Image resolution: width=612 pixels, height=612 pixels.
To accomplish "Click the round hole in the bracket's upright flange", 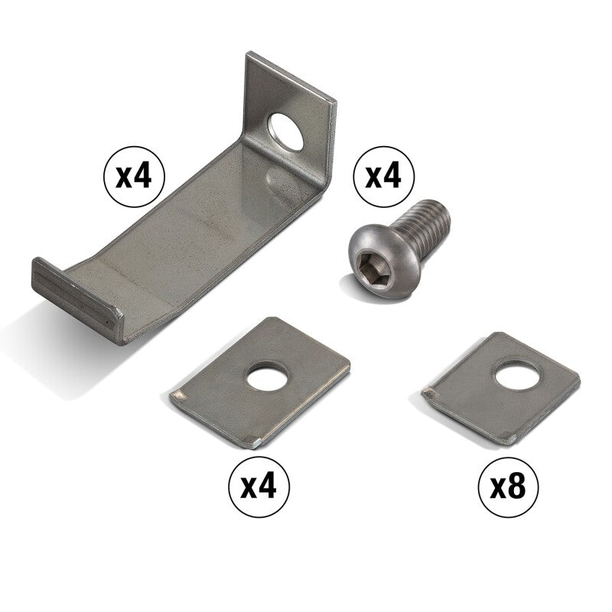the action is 285,131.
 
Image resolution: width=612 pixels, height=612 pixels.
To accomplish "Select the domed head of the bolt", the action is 372,263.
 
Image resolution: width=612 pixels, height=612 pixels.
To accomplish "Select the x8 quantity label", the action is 508,487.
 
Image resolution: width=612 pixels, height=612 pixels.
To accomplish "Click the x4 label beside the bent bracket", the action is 134,177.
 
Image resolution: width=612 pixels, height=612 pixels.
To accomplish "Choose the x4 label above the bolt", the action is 383,177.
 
